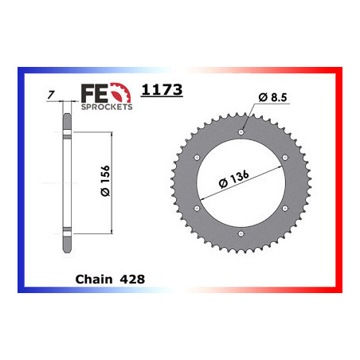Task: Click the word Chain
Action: point(92,280)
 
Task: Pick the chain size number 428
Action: point(131,280)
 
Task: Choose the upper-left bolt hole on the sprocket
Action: point(197,158)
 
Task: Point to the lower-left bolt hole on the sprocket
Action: point(197,208)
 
